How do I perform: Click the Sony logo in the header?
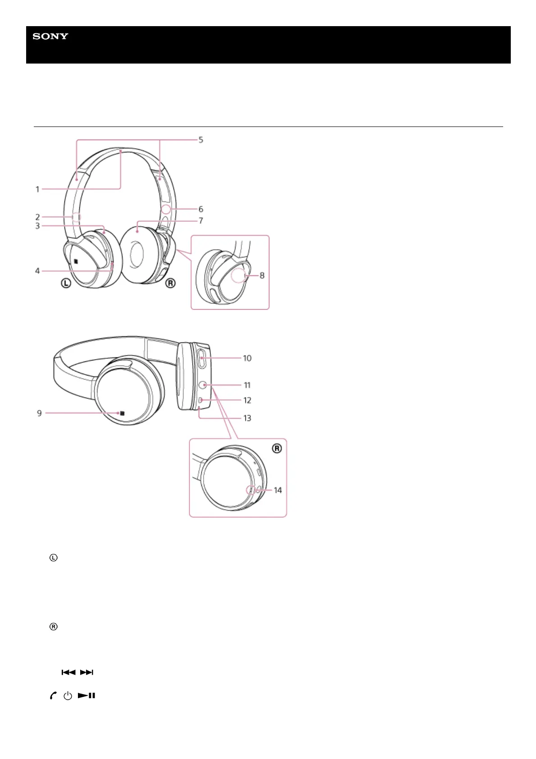50,36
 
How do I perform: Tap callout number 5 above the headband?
201,140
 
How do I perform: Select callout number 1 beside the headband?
37,189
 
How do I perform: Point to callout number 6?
201,209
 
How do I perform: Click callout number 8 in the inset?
262,275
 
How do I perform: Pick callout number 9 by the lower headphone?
39,413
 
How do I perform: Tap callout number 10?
247,358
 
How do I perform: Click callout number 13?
247,418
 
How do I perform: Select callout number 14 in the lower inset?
277,490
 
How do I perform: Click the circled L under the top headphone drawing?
66,283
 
